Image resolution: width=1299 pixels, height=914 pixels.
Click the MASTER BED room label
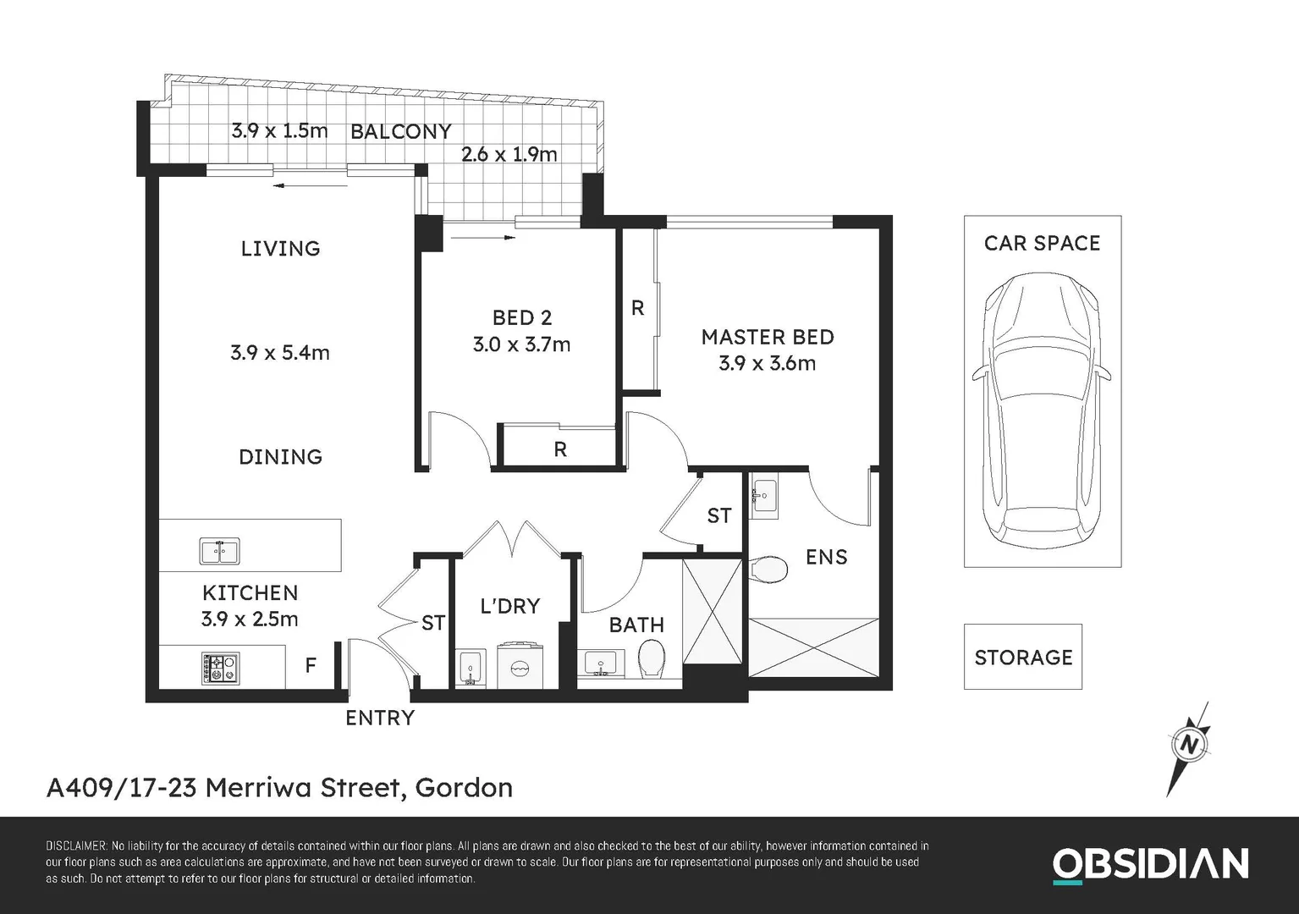(x=768, y=337)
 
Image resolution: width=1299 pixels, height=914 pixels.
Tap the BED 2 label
(x=522, y=317)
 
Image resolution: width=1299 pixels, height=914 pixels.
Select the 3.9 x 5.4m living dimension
(x=280, y=352)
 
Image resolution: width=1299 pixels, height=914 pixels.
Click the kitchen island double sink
(x=219, y=551)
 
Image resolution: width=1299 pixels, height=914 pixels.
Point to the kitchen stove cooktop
(x=220, y=668)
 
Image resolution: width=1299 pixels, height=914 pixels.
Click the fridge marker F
(x=311, y=665)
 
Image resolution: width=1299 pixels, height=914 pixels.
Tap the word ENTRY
(x=380, y=718)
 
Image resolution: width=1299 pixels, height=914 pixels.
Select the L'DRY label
(x=509, y=606)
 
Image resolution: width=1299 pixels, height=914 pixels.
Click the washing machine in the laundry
(x=519, y=666)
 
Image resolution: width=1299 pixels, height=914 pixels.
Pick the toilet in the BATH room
(x=651, y=658)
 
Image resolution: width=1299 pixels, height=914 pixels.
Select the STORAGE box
(x=1023, y=657)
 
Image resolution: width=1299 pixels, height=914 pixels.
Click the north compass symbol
(x=1190, y=746)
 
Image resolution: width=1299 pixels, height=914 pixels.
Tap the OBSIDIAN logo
(x=1150, y=864)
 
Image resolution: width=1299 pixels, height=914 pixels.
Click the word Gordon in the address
(x=464, y=787)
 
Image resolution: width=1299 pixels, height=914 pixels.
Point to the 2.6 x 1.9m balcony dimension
(x=509, y=154)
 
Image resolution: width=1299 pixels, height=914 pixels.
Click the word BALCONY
(x=401, y=131)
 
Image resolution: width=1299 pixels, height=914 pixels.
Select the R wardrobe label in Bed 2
(x=560, y=449)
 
